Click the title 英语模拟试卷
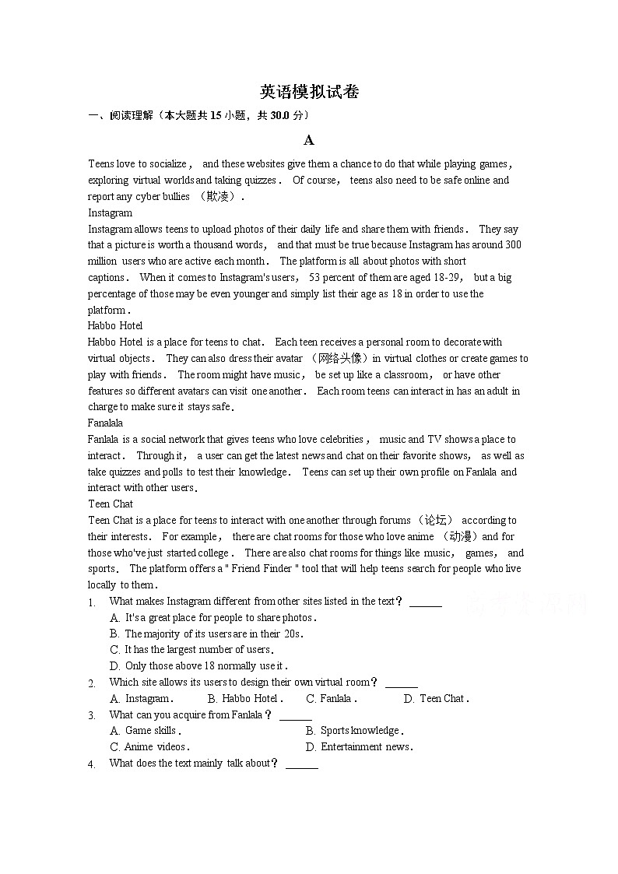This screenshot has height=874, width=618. pyautogui.click(x=309, y=92)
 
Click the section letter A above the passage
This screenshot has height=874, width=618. pyautogui.click(x=309, y=140)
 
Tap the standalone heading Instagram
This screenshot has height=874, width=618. pyautogui.click(x=110, y=212)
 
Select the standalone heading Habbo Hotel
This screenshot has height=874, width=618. pyautogui.click(x=115, y=325)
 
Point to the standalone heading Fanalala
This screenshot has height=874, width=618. pyautogui.click(x=105, y=423)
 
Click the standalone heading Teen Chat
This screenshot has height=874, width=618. pyautogui.click(x=111, y=504)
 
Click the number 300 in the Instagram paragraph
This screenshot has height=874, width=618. pyautogui.click(x=513, y=244)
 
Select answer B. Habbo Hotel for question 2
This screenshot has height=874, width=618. pyautogui.click(x=245, y=698)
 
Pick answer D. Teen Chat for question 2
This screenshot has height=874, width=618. pyautogui.click(x=436, y=698)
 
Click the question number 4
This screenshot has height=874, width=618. pyautogui.click(x=92, y=763)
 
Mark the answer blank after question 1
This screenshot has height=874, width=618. pyautogui.click(x=425, y=602)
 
